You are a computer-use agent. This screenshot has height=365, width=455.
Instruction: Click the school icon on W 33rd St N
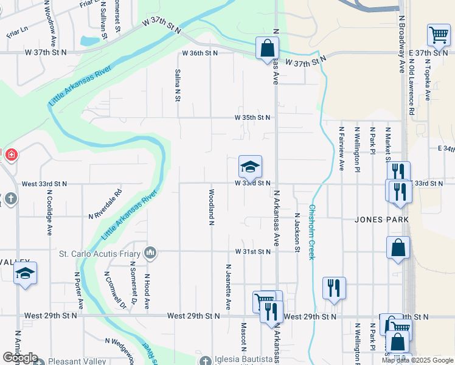pyautogui.click(x=250, y=167)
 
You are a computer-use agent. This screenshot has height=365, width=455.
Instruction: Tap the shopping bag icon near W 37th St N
pyautogui.click(x=267, y=48)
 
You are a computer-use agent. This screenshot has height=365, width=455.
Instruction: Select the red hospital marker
pyautogui.click(x=10, y=156)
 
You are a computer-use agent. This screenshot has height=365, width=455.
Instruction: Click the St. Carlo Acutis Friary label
pyautogui.click(x=100, y=252)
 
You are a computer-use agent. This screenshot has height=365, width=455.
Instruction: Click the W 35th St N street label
pyautogui.click(x=252, y=117)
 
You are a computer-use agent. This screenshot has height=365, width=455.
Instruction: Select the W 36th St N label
pyautogui.click(x=200, y=53)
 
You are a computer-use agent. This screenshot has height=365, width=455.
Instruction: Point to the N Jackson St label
pyautogui.click(x=297, y=232)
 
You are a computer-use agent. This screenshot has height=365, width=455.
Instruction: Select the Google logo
pyautogui.click(x=20, y=358)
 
